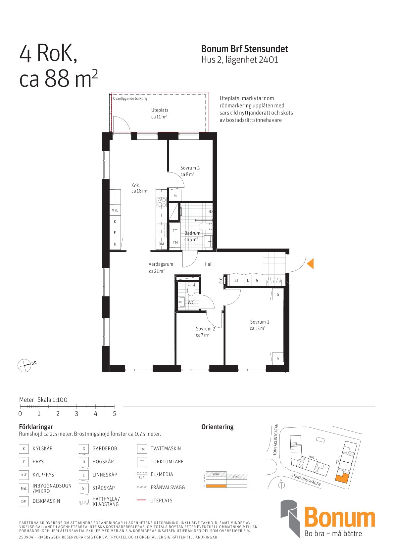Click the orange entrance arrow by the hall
pyautogui.click(x=311, y=263)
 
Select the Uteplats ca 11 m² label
pyautogui.click(x=160, y=114)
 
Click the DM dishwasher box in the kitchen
pyautogui.click(x=161, y=244)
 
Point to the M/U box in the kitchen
pyautogui.click(x=115, y=210)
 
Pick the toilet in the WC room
pyautogui.click(x=191, y=289)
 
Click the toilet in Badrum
pyautogui.click(x=206, y=227)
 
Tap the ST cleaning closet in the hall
pyautogui.click(x=236, y=281)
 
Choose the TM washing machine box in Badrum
pyautogui.click(x=175, y=243)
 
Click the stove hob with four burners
pyautogui.click(x=162, y=202)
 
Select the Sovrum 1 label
pyautogui.click(x=260, y=322)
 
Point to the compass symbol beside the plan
pyautogui.click(x=25, y=365)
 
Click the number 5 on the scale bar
pyautogui.click(x=115, y=413)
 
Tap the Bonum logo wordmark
pyautogui.click(x=339, y=519)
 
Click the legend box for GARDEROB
pyautogui.click(x=84, y=449)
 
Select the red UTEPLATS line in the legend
pyautogui.click(x=141, y=500)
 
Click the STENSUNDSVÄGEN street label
pyautogui.click(x=306, y=480)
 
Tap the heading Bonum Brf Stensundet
pyautogui.click(x=244, y=49)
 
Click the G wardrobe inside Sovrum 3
pyautogui.click(x=175, y=196)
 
